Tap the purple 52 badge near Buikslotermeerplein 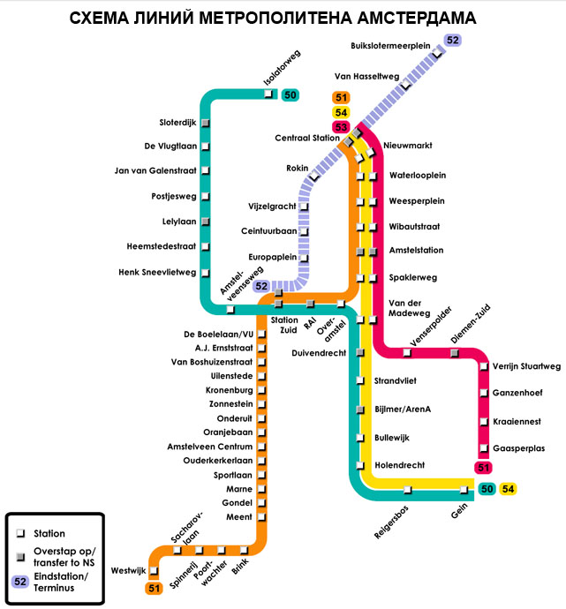(x=453, y=40)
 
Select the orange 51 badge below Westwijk (x=155, y=588)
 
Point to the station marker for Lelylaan (x=205, y=221)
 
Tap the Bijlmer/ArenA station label (x=403, y=410)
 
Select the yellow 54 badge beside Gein (x=508, y=489)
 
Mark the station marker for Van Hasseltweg (x=406, y=86)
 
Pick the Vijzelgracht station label (x=274, y=207)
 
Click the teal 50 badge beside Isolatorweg (x=291, y=95)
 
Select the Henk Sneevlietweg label (x=157, y=272)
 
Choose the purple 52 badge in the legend (x=19, y=582)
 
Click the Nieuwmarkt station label (x=408, y=145)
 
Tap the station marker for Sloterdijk (x=205, y=122)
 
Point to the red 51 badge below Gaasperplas (x=483, y=468)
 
